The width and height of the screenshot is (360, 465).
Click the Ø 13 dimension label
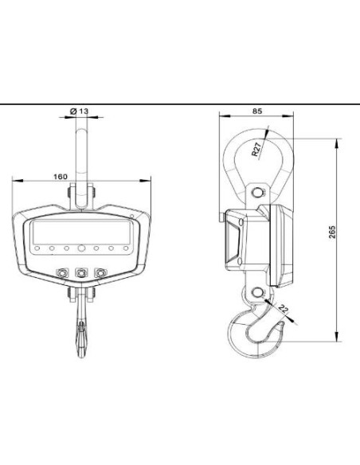tap(79, 111)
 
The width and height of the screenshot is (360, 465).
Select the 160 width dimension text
tap(61, 177)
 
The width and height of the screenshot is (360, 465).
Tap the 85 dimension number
tap(257, 111)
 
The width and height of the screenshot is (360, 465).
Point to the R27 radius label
tap(256, 149)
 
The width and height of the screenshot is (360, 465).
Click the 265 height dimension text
tap(332, 232)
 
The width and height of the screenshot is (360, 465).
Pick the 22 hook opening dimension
tap(284, 309)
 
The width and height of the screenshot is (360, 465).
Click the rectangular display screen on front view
tap(81, 232)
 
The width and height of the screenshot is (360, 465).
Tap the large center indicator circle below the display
tap(81, 248)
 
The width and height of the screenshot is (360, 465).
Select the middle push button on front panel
tap(81, 272)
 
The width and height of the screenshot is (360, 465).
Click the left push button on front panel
tap(62, 272)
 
